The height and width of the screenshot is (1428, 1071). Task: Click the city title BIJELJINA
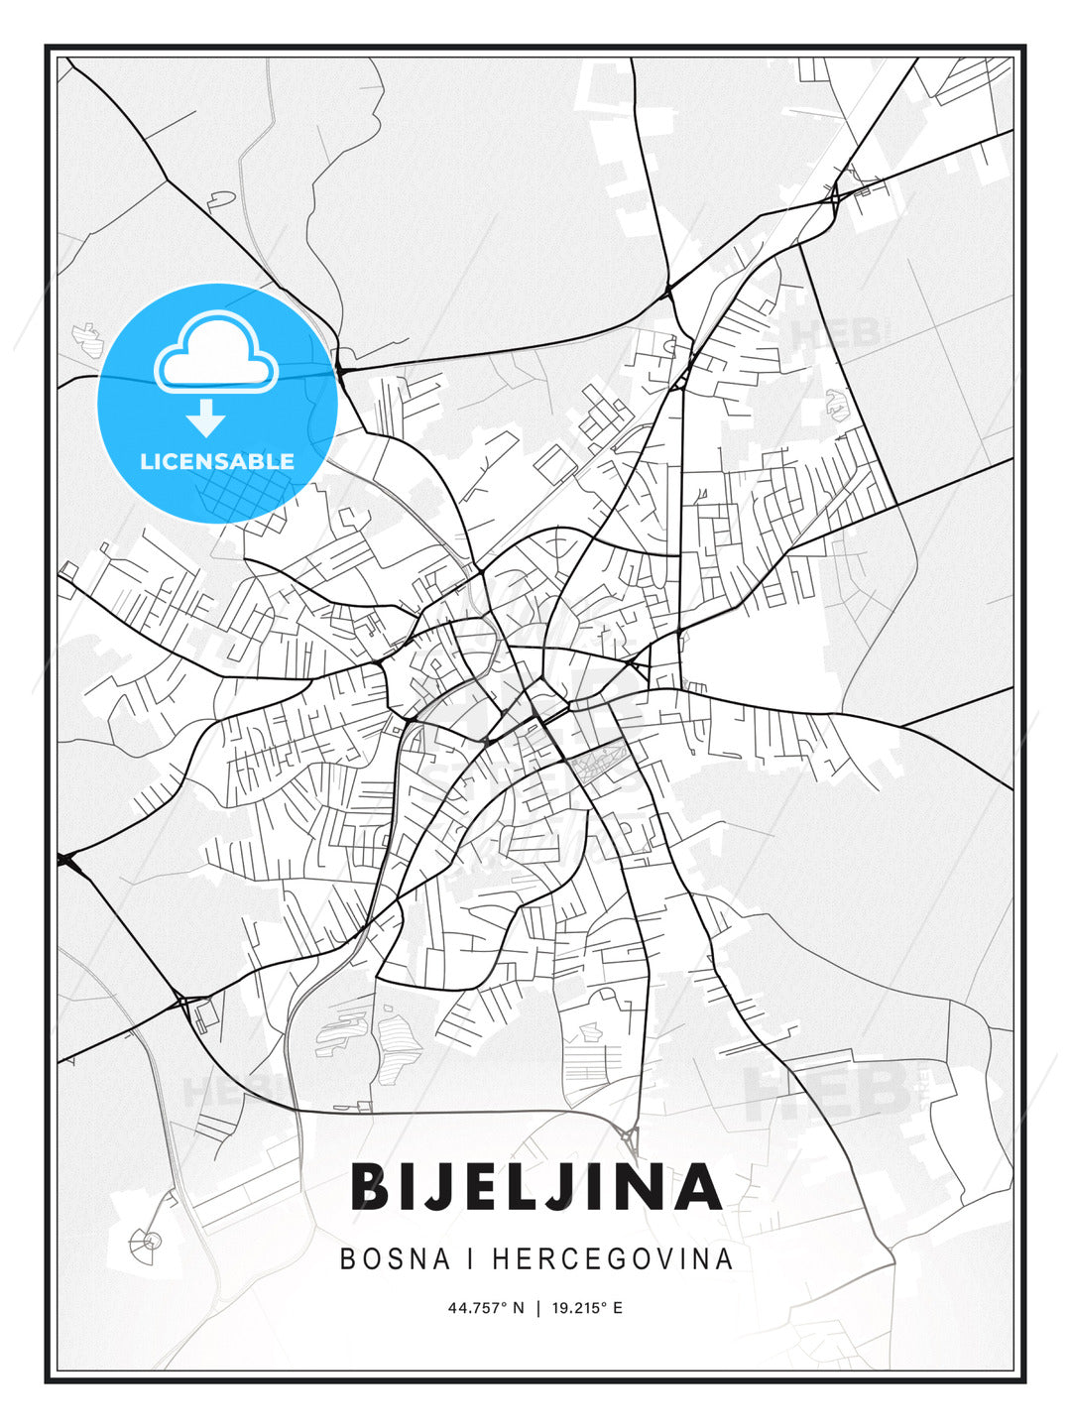coord(535,1187)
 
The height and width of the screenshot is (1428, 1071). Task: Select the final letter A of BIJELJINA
coord(695,1187)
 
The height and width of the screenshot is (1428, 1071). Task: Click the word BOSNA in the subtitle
coord(395,1259)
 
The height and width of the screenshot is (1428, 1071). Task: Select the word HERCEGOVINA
coord(612,1259)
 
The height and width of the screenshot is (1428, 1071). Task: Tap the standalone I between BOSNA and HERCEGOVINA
coord(472,1259)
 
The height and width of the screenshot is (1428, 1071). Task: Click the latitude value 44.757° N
coord(485,1308)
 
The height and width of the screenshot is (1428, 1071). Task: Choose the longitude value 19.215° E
coord(588,1308)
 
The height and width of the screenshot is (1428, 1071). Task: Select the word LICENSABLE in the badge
coord(217,461)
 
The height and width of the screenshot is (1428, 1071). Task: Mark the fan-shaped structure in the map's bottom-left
coord(147,1240)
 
